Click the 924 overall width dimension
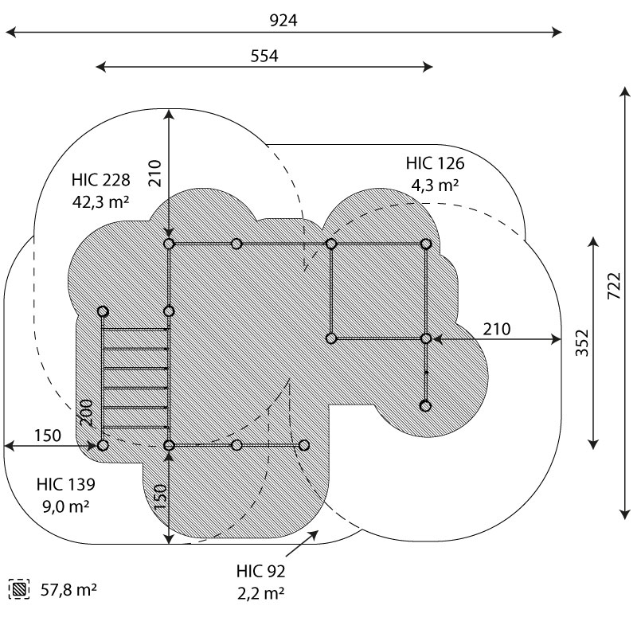pyautogui.click(x=283, y=21)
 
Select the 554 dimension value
pyautogui.click(x=265, y=56)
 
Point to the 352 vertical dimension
pyautogui.click(x=582, y=342)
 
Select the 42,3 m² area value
pyautogui.click(x=100, y=201)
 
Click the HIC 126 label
pyautogui.click(x=435, y=164)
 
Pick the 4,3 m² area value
pyautogui.click(x=435, y=186)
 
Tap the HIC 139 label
pyautogui.click(x=66, y=484)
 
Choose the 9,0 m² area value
pyautogui.click(x=66, y=506)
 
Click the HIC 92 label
pyautogui.click(x=260, y=571)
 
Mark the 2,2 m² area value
pyautogui.click(x=260, y=593)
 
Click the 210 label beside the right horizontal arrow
pyautogui.click(x=494, y=328)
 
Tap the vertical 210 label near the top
pyautogui.click(x=154, y=174)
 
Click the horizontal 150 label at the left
pyautogui.click(x=48, y=436)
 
